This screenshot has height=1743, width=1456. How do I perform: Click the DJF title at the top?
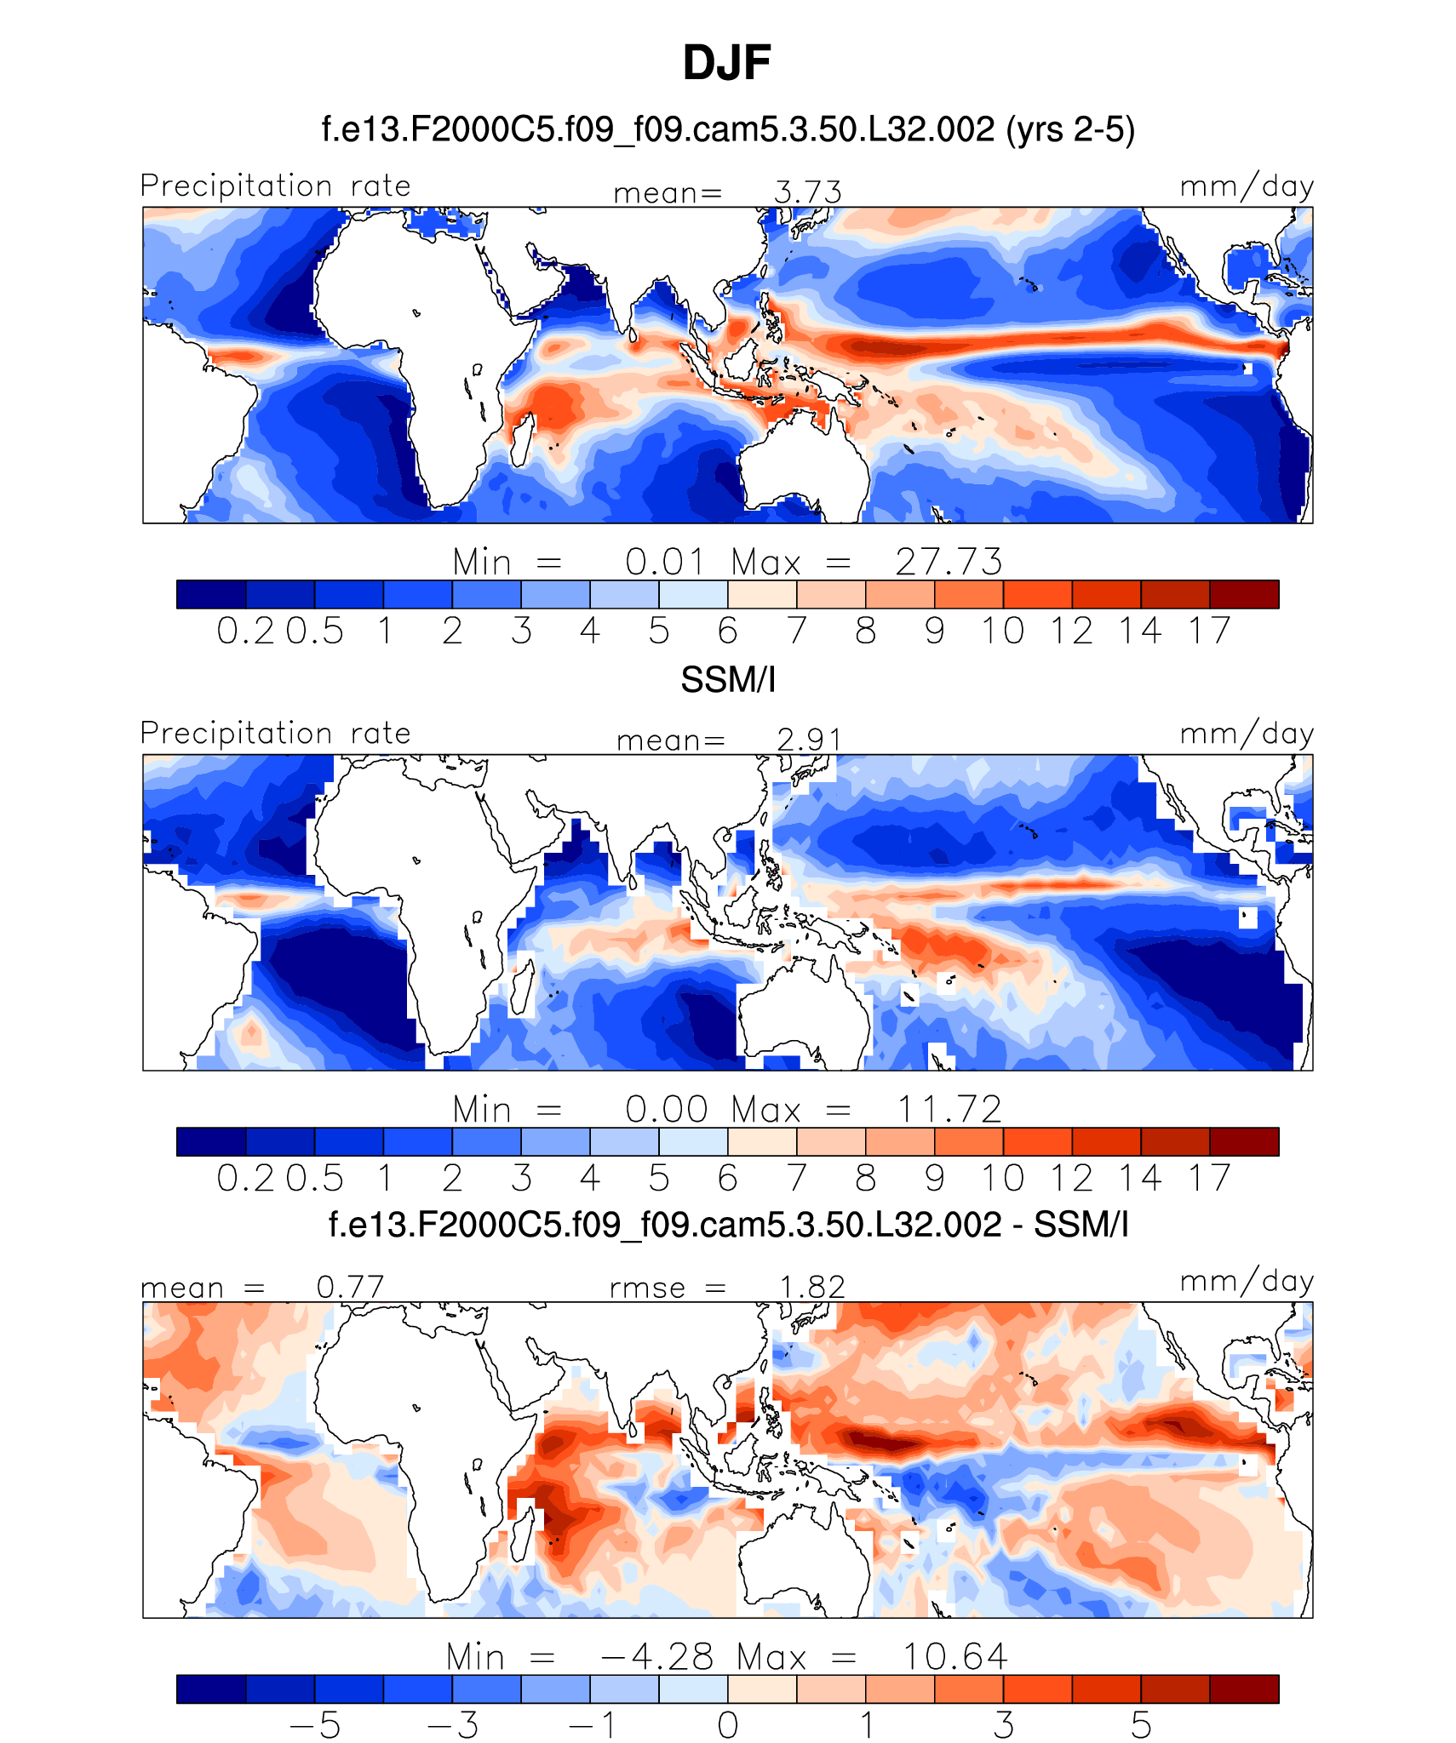pos(726,63)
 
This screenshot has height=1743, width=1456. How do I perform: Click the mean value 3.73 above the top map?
pos(807,192)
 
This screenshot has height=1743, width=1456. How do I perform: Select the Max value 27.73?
pos(949,562)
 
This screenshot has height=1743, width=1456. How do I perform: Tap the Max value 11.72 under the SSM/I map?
pos(949,1109)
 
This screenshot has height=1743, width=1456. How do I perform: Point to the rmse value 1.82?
pos(812,1287)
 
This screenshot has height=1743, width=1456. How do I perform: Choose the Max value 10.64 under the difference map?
pos(954,1656)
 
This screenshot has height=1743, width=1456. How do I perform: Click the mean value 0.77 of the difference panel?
pos(350,1287)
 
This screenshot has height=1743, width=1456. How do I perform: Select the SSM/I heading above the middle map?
pos(728,680)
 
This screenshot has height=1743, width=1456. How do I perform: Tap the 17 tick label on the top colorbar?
pos(1210,631)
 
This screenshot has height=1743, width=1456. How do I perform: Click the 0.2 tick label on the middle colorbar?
pos(245,1178)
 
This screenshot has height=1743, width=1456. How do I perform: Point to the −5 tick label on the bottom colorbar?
pos(315,1725)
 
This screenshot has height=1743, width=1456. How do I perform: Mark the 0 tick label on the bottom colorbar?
pos(728,1725)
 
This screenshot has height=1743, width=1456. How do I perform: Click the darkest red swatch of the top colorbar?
pos(1244,594)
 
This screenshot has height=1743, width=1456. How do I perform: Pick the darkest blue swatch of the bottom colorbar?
pos(211,1689)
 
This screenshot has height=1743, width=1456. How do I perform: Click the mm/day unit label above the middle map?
pos(1246,734)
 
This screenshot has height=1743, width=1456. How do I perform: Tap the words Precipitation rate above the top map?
pos(275,186)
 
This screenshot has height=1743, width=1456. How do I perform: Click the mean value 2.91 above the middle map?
pos(809,740)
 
